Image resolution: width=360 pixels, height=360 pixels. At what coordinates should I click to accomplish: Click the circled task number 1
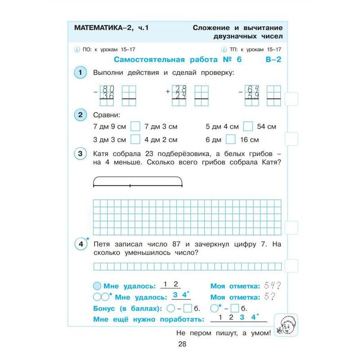80,72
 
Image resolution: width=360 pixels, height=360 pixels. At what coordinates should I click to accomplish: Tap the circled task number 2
80,115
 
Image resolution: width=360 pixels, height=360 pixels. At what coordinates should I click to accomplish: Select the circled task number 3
80,154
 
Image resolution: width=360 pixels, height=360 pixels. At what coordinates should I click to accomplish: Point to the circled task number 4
81,244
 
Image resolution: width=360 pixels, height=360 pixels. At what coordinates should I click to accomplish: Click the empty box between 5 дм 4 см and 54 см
248,126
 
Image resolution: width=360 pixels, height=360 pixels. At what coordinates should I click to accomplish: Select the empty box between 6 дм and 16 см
230,139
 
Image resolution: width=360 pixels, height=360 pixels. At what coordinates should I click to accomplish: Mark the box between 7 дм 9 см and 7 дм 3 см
135,126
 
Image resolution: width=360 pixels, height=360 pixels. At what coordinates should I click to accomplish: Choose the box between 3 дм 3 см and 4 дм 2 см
135,139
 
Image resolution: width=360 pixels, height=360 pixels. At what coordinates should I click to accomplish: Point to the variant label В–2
272,60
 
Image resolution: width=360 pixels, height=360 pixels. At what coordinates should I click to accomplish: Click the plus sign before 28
168,91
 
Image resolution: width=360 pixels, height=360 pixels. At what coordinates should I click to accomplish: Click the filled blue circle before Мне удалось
97,286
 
